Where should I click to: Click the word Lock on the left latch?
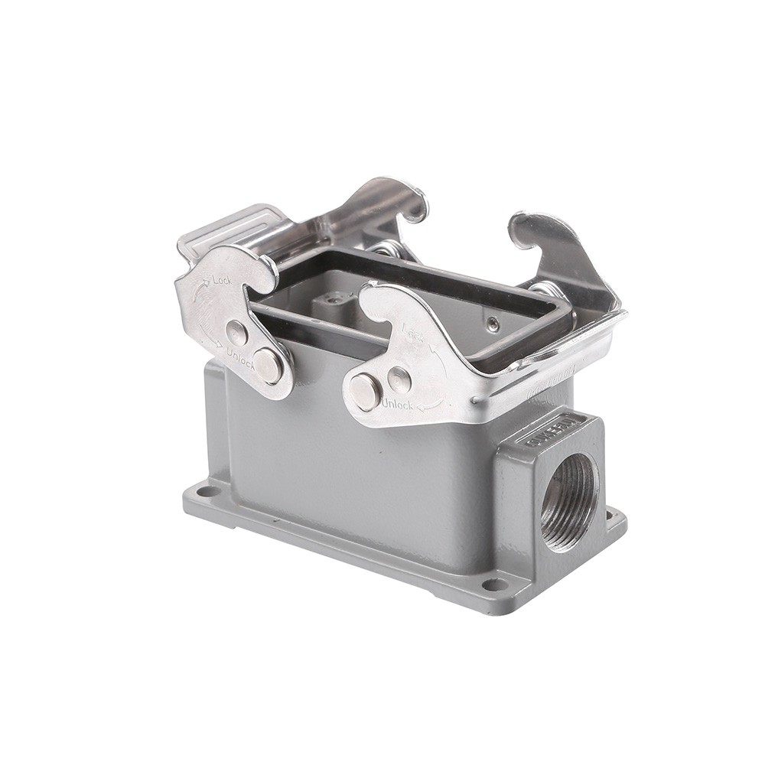pos(222,281)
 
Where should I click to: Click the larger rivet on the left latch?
pos(269,365)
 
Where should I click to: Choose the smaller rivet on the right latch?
pos(399,379)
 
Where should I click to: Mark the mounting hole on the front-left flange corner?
pos(204,492)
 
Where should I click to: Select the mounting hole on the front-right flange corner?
pos(496,585)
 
